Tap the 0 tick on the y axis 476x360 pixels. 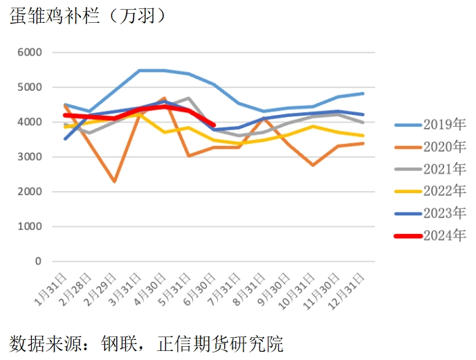(38, 262)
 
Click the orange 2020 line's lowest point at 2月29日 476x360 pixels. (114, 181)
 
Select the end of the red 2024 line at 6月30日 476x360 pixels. (214, 125)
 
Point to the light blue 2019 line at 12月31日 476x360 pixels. (363, 93)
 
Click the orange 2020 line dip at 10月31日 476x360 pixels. (313, 165)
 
